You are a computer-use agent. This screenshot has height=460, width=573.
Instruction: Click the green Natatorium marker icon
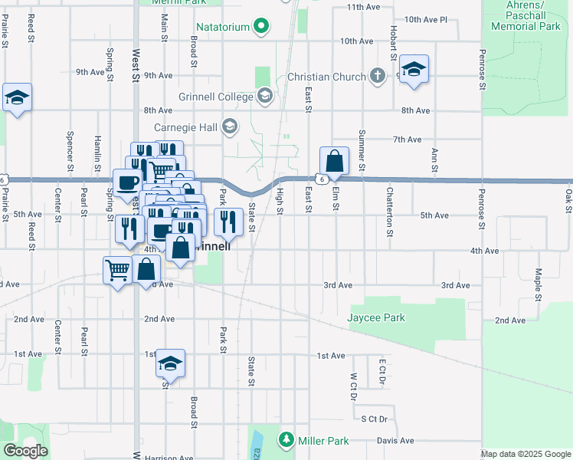pyautogui.click(x=262, y=27)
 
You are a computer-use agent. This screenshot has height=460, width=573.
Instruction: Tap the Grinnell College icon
pyautogui.click(x=265, y=97)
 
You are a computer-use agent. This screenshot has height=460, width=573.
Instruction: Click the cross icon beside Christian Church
pyautogui.click(x=376, y=77)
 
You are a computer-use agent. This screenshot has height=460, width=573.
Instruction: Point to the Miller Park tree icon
pyautogui.click(x=286, y=440)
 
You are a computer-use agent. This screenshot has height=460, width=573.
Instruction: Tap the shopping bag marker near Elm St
pyautogui.click(x=334, y=161)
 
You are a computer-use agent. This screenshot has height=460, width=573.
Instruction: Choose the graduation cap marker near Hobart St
pyautogui.click(x=414, y=69)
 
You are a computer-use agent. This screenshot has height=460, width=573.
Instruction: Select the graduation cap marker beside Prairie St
pyautogui.click(x=17, y=97)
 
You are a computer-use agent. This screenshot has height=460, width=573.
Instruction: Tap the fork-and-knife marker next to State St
pyautogui.click(x=228, y=222)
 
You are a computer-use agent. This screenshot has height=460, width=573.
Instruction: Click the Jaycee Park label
pyautogui.click(x=376, y=317)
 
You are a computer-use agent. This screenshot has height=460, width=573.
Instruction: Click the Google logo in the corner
pyautogui.click(x=25, y=451)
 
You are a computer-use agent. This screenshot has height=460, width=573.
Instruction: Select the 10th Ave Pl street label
pyautogui.click(x=425, y=19)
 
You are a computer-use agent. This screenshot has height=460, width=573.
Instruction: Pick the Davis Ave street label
pyautogui.click(x=395, y=441)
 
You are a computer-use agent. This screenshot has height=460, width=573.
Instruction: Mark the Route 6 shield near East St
pyautogui.click(x=323, y=178)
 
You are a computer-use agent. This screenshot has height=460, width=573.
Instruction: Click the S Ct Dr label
pyautogui.click(x=375, y=419)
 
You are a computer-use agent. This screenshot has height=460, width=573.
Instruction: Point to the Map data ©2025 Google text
pyautogui.click(x=526, y=454)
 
